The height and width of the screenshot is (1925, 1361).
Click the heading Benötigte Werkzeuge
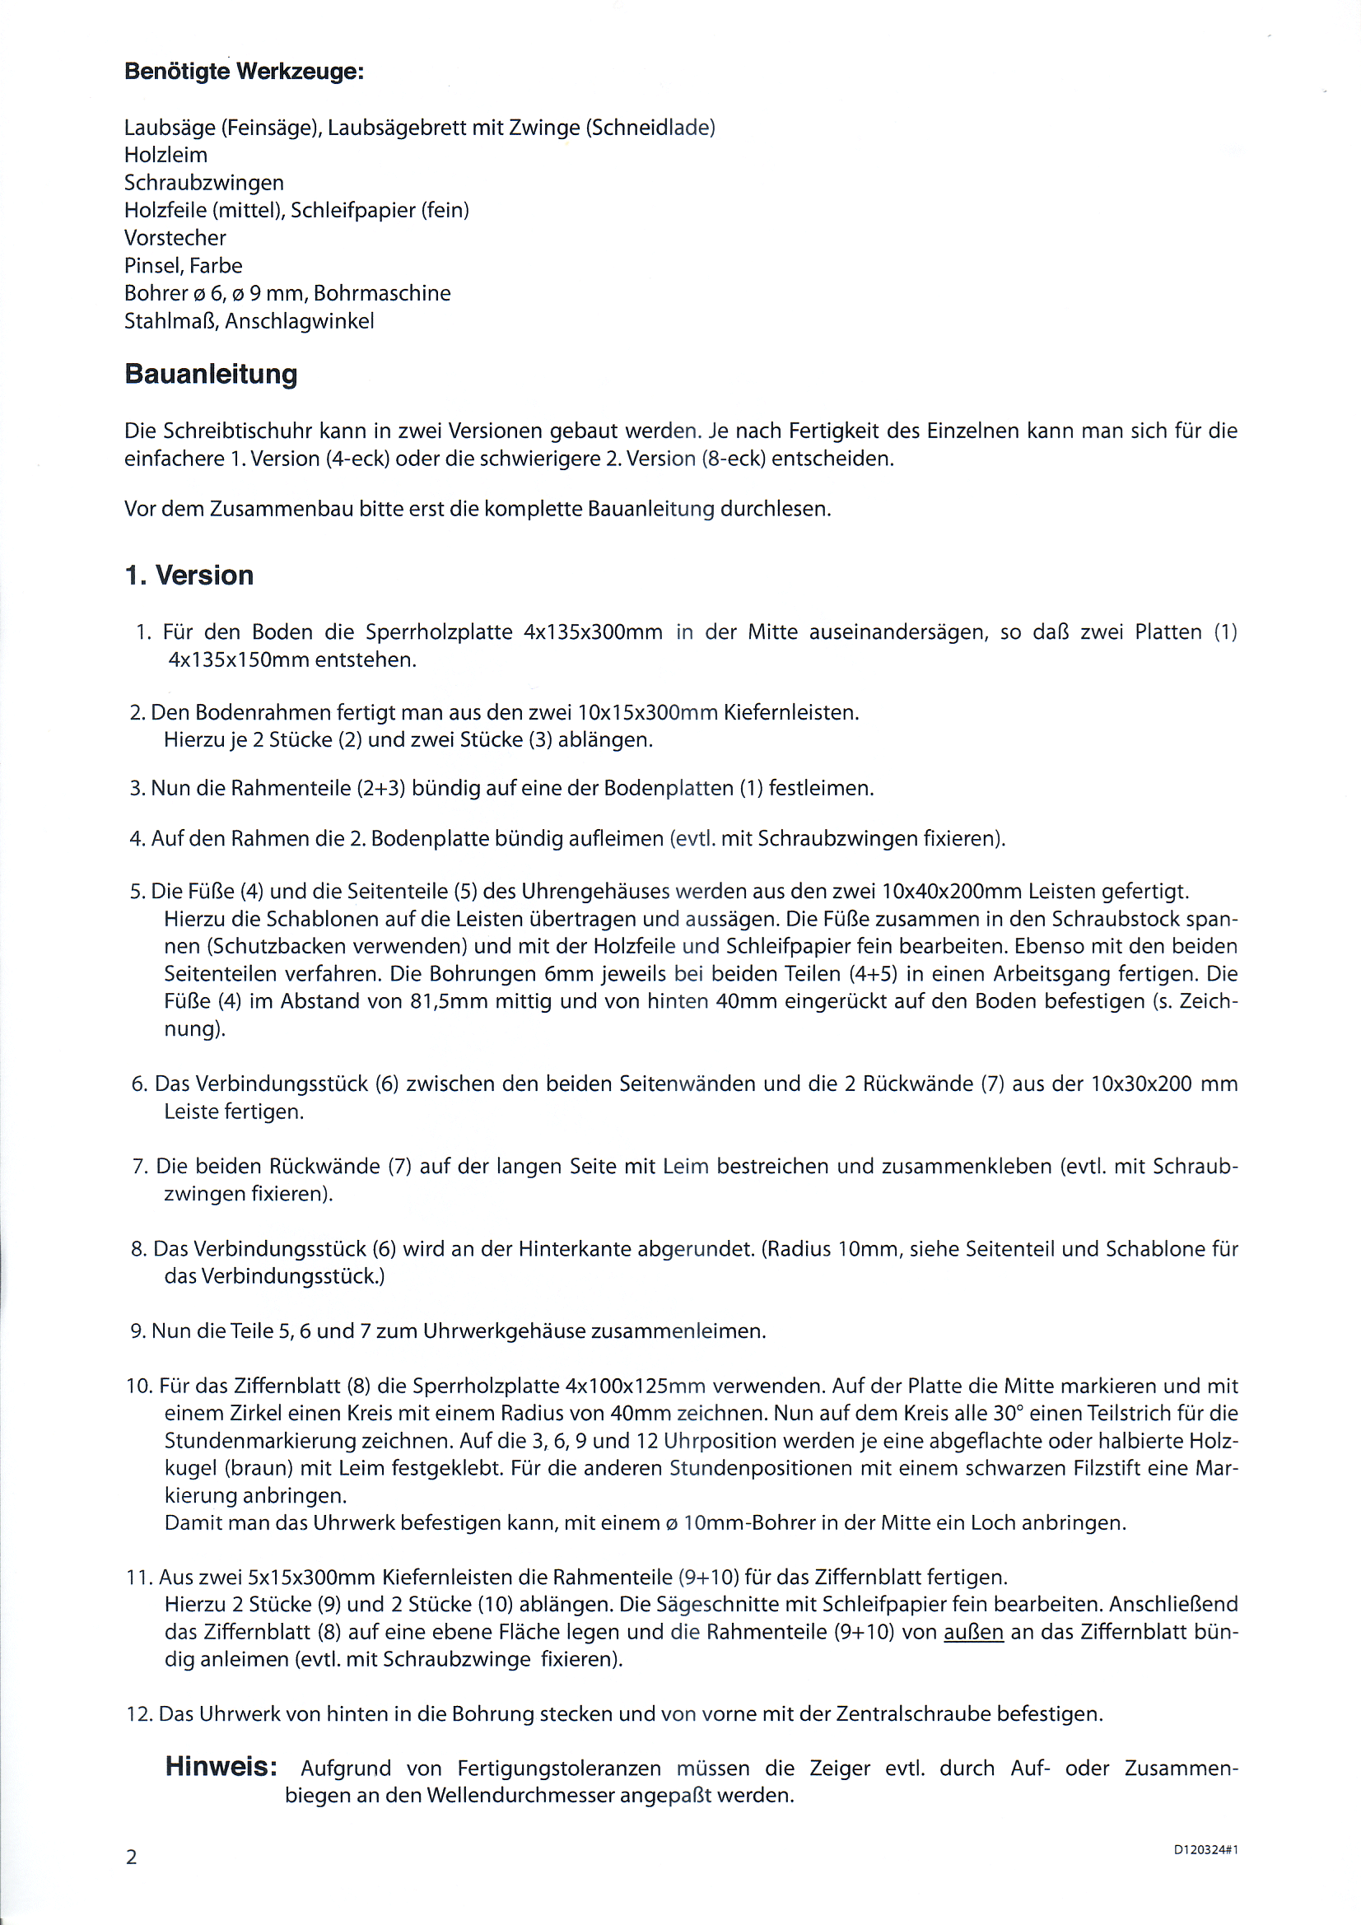click(x=244, y=72)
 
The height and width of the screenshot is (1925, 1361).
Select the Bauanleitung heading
click(x=211, y=374)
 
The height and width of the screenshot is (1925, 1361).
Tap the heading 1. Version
click(x=189, y=576)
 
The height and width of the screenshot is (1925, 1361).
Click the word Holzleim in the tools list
click(x=166, y=155)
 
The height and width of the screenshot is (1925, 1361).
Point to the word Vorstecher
click(x=175, y=238)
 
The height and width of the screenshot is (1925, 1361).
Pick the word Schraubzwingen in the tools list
click(x=203, y=183)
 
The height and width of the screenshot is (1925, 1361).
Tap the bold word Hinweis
click(x=221, y=1767)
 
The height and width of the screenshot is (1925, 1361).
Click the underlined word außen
click(x=973, y=1632)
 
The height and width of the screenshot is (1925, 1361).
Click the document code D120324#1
click(x=1206, y=1849)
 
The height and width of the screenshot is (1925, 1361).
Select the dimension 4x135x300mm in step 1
click(x=593, y=632)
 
